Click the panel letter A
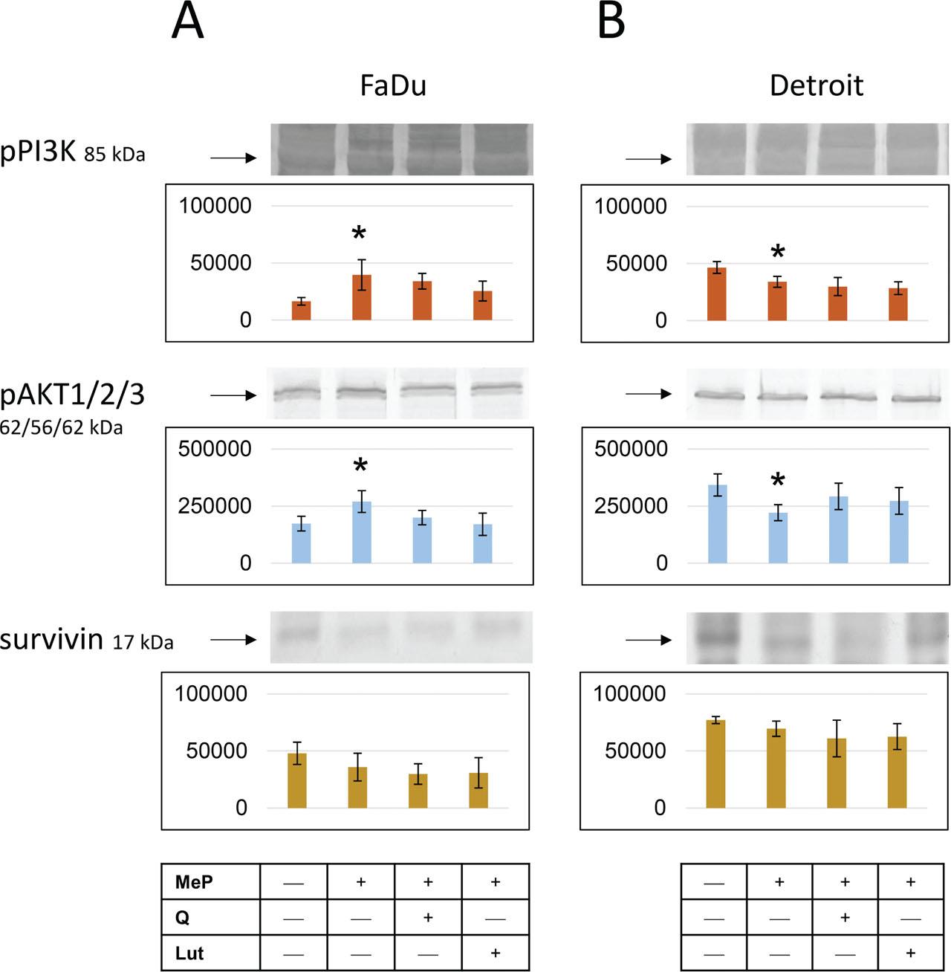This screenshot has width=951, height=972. point(186,22)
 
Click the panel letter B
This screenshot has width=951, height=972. point(611,22)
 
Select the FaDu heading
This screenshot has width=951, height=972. point(393,86)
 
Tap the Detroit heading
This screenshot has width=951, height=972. point(816,86)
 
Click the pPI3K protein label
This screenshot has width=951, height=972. point(39,153)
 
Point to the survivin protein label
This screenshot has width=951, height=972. point(52,639)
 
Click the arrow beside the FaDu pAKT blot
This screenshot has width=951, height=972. point(233,396)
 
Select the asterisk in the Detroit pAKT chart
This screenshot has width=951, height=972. point(777,481)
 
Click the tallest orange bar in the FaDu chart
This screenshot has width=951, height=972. point(362,297)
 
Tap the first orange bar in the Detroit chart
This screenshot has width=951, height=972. point(717,294)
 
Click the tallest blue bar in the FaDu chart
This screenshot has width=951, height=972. point(362,532)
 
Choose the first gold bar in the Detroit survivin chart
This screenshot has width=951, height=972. point(715,763)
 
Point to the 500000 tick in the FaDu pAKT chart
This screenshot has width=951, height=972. point(215,449)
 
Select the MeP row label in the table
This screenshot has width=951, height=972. point(194,882)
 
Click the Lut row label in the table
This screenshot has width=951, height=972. point(189,953)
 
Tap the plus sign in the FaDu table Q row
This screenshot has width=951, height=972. point(428,918)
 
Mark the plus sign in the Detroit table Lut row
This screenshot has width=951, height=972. point(911,953)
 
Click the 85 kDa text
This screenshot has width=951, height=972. point(114,155)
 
